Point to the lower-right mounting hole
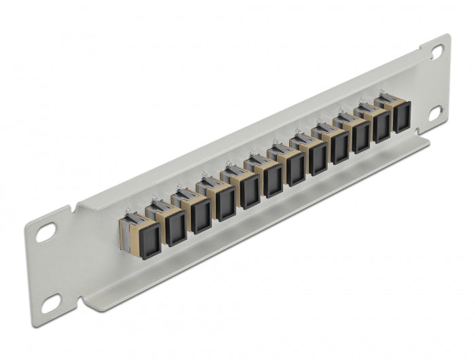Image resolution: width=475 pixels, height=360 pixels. click(436, 111)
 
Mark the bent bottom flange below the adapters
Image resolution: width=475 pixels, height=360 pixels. click(258, 234)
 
